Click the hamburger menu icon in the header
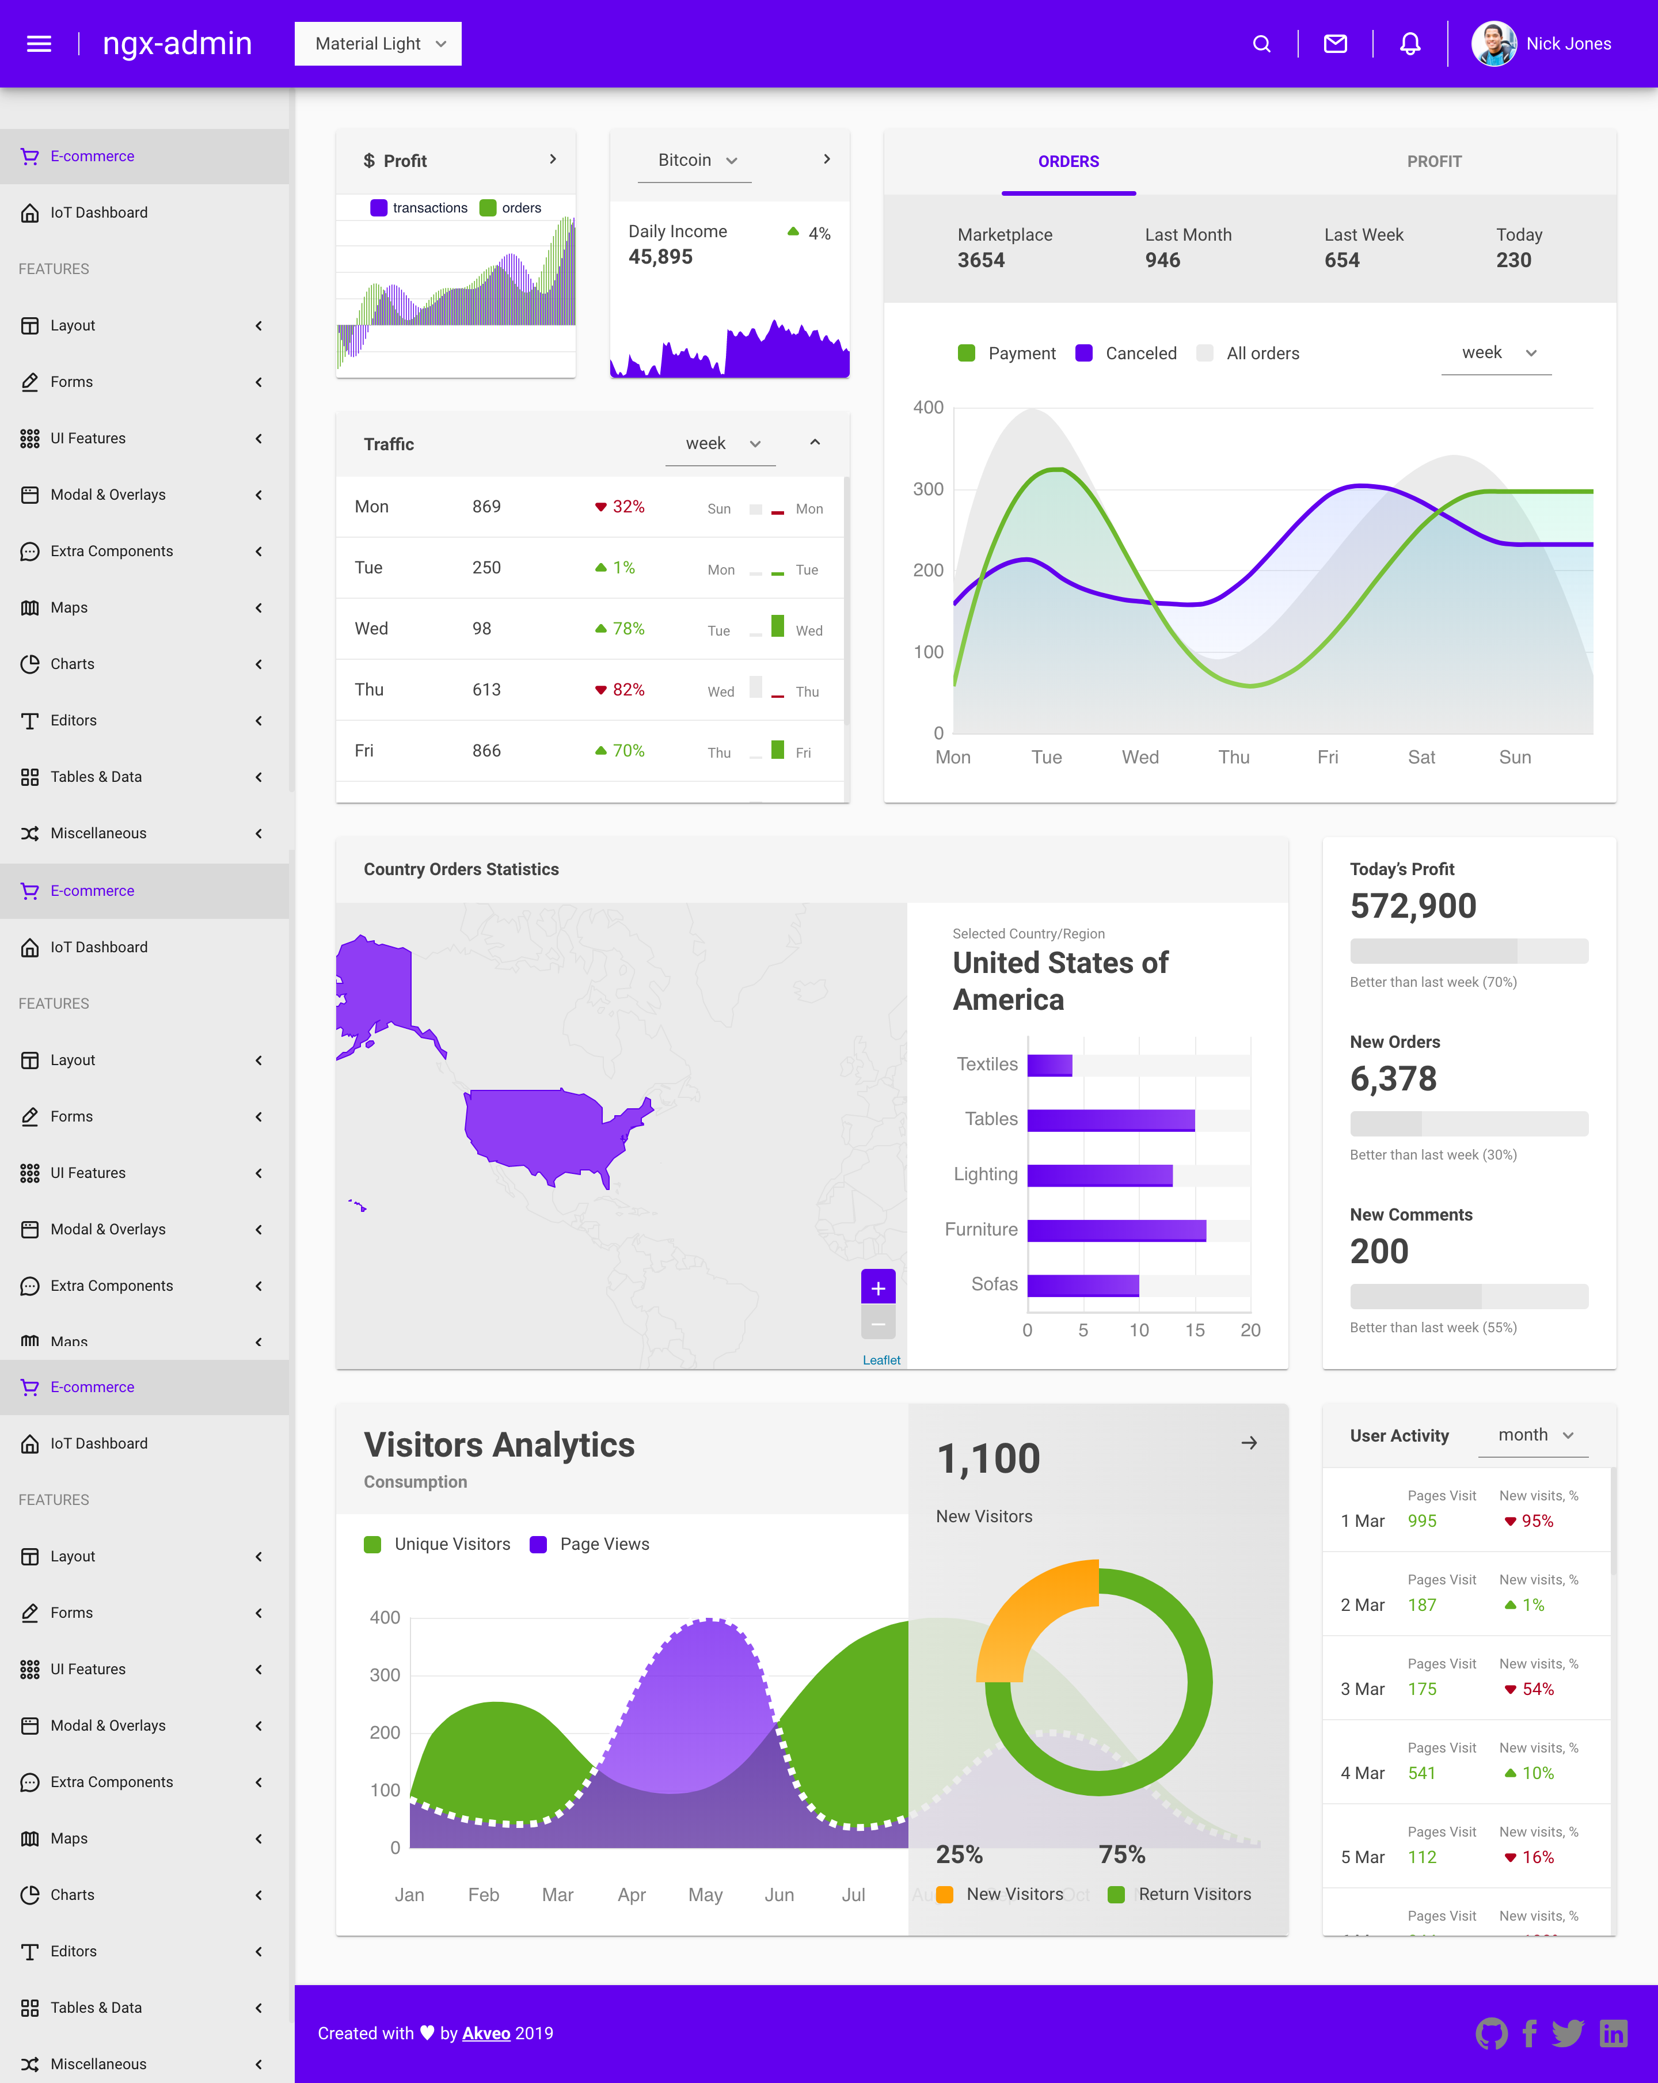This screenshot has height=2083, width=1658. pos(39,44)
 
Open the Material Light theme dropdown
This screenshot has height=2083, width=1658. pos(378,44)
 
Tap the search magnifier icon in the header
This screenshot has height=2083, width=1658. pos(1261,44)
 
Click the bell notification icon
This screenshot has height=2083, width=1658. pos(1410,44)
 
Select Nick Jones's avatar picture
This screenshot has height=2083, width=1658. pos(1493,44)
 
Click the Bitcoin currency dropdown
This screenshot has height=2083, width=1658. pos(695,161)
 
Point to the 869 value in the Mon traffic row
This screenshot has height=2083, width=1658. pos(486,506)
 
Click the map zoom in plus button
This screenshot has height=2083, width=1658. pos(877,1288)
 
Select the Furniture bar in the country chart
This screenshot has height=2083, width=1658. pos(1116,1230)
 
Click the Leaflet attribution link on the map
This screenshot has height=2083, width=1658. pos(881,1359)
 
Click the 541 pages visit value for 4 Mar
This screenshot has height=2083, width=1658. pos(1421,1773)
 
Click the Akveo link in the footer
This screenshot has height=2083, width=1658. pos(486,2033)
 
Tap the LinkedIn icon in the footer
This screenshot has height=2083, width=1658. pos(1613,2033)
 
